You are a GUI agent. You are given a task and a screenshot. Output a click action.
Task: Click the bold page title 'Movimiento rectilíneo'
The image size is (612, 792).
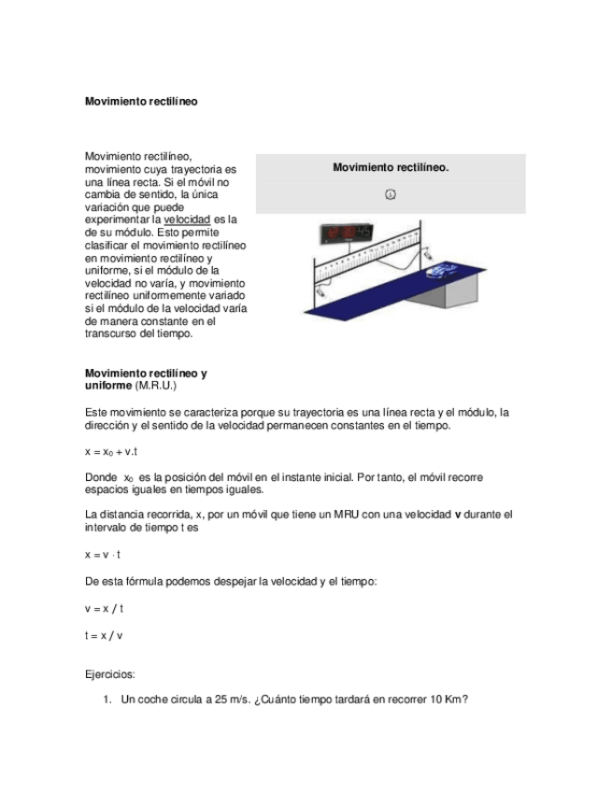pos(141,99)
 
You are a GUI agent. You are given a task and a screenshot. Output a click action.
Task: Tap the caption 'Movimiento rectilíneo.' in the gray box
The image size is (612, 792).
pos(391,167)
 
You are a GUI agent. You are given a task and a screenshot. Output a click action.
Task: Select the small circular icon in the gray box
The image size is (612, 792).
pos(391,194)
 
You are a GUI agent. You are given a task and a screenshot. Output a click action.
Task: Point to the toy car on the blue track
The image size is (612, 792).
pos(440,271)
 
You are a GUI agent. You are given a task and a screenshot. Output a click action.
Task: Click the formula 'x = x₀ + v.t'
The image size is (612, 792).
pos(111,451)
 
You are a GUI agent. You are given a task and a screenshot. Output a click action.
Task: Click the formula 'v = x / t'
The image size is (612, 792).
pos(104,608)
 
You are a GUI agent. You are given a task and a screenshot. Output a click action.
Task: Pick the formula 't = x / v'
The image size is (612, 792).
pos(104,635)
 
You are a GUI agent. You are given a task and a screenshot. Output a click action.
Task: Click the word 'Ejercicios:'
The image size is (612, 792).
pos(110,672)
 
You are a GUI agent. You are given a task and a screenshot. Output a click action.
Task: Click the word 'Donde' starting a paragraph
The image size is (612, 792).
pos(101,476)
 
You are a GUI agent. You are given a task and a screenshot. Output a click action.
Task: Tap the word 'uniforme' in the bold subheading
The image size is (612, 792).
pos(109,385)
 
